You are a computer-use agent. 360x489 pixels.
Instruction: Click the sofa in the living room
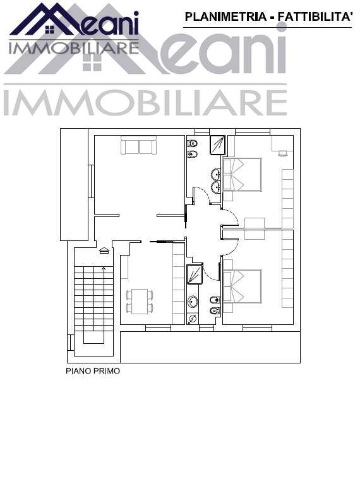pos(138,146)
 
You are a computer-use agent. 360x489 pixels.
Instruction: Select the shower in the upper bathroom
pos(217,145)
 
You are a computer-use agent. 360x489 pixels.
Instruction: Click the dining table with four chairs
pos(139,301)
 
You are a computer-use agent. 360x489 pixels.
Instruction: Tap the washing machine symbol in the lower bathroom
pos(193,319)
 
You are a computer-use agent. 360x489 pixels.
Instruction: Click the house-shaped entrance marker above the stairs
pos(104,250)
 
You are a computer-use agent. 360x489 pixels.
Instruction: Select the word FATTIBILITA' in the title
pos(315,17)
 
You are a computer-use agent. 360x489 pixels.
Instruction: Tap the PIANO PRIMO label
pos(93,371)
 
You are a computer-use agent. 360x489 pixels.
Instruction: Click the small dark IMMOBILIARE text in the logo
pos(73,48)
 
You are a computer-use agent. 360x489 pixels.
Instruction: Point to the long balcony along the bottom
pos(208,346)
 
